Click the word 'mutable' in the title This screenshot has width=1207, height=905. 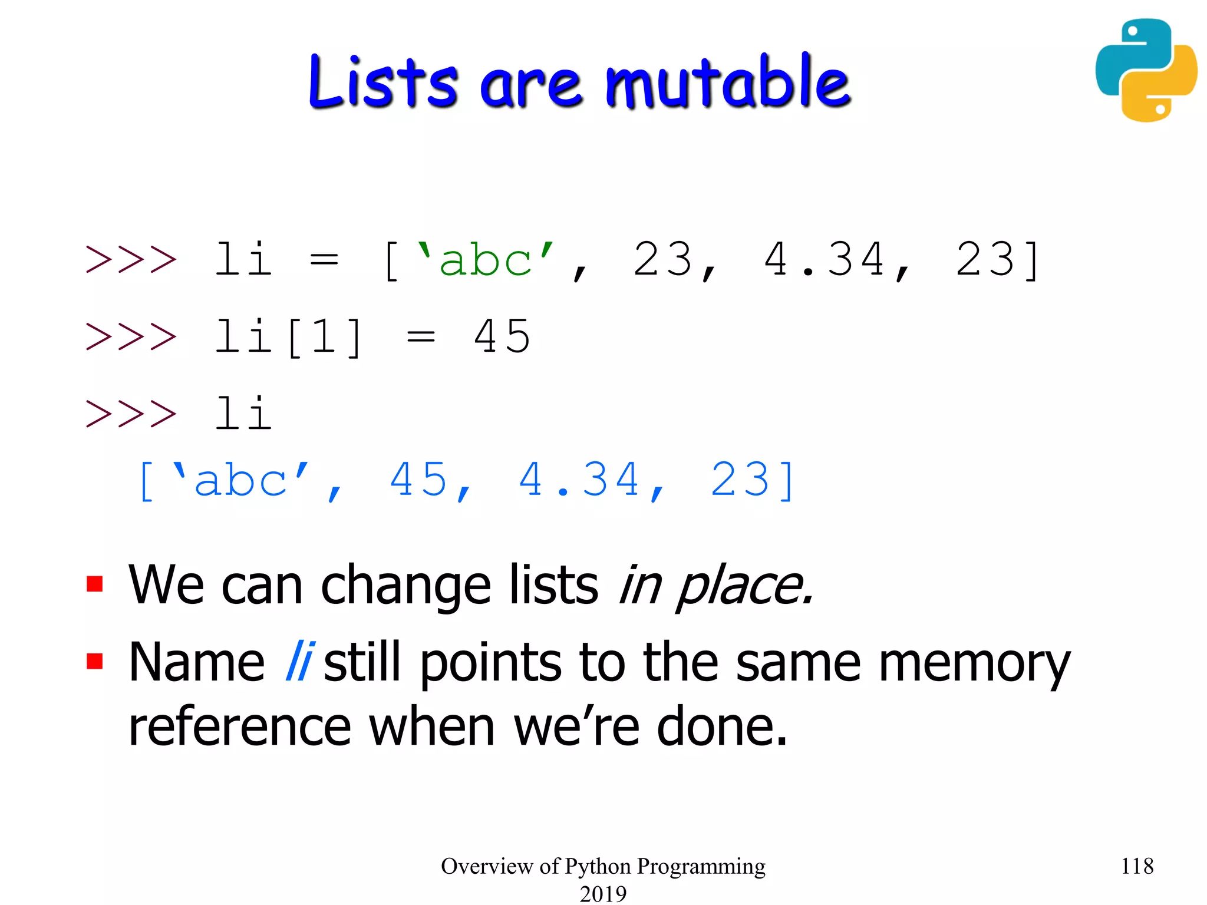[x=728, y=82]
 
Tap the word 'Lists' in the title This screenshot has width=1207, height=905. [x=382, y=82]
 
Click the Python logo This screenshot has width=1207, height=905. [x=1146, y=70]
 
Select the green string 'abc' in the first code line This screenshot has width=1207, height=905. [x=485, y=260]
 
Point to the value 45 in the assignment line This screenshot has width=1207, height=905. [x=502, y=336]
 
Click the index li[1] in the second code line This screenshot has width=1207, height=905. [x=288, y=336]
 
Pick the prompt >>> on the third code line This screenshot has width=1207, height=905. [x=131, y=414]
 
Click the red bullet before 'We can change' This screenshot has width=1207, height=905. [x=95, y=584]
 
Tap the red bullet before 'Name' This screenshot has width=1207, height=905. [x=95, y=661]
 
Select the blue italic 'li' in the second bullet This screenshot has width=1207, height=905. [x=299, y=662]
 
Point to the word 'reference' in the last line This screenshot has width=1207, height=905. [x=240, y=726]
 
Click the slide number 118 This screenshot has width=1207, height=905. [x=1137, y=866]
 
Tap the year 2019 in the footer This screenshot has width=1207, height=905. [x=603, y=893]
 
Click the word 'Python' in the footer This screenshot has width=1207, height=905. [x=598, y=866]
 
